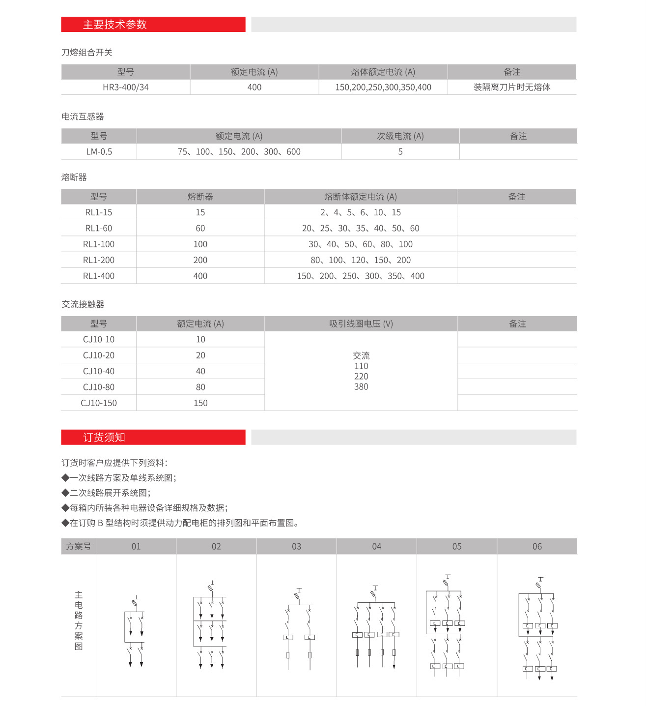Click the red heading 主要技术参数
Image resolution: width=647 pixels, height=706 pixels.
point(114,25)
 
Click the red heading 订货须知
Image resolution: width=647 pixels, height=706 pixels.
point(104,437)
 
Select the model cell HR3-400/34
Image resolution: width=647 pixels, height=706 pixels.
point(125,87)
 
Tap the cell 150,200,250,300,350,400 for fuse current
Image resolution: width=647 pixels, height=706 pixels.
point(383,87)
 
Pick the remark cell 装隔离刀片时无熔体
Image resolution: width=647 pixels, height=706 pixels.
point(511,87)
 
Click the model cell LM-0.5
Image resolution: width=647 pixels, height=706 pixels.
point(99,151)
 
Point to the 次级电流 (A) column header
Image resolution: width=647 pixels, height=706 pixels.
point(400,136)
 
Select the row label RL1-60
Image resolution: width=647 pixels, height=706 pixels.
point(98,228)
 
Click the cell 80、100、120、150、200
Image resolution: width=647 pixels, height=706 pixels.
point(360,260)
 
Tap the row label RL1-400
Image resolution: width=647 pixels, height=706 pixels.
point(98,276)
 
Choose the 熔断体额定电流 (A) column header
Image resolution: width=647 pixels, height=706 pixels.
point(360,197)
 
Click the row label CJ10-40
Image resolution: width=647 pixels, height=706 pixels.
point(98,371)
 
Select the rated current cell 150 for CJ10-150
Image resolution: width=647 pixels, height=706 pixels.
point(200,403)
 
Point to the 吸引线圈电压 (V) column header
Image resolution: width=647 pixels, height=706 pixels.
point(361,324)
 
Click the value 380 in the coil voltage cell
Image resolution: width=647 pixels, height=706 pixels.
point(361,387)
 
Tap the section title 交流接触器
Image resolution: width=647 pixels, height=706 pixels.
point(83,304)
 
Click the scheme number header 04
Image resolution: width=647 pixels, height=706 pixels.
point(376,546)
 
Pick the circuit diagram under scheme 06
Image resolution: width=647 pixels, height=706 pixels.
point(539,629)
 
